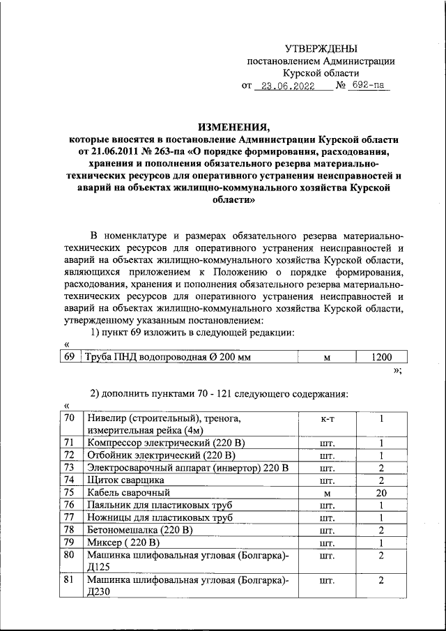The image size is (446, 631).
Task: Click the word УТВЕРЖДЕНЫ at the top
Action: click(x=321, y=48)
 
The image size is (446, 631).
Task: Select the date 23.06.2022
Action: click(x=284, y=86)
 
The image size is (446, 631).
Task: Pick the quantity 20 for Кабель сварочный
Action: click(x=381, y=492)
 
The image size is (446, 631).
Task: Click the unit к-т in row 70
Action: click(x=327, y=419)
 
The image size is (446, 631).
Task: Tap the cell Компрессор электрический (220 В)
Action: click(x=164, y=443)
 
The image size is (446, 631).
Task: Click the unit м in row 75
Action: click(x=327, y=492)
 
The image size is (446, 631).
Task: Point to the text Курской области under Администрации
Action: click(x=321, y=73)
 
